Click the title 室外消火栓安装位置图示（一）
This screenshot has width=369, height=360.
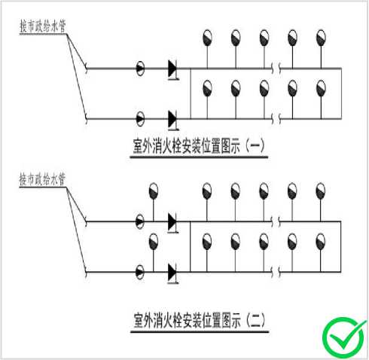(199, 146)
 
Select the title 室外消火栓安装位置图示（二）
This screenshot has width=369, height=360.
(199, 320)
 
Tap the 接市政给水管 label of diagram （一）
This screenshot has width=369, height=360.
(43, 26)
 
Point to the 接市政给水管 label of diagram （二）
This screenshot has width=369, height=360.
(43, 179)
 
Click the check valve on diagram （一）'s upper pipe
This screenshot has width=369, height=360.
(172, 69)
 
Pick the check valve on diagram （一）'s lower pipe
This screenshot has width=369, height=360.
(172, 120)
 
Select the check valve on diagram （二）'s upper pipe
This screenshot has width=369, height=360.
(172, 223)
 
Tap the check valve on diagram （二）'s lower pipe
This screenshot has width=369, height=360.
(172, 273)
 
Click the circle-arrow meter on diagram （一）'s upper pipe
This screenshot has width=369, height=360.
(140, 69)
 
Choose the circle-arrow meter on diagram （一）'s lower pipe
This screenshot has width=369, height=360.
(140, 119)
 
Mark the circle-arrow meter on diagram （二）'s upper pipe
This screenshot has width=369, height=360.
(140, 221)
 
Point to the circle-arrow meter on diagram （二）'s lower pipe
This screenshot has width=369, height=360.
(140, 272)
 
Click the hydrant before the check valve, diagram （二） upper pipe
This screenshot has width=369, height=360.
(154, 191)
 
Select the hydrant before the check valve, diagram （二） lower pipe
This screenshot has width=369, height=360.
(154, 241)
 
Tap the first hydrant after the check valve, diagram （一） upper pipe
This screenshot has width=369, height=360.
(207, 38)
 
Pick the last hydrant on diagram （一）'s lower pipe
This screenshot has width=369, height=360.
(321, 88)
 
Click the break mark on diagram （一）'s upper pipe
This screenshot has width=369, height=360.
(276, 69)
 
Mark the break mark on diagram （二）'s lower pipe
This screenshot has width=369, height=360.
(276, 272)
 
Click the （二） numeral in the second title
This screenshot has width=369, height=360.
(255, 320)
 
